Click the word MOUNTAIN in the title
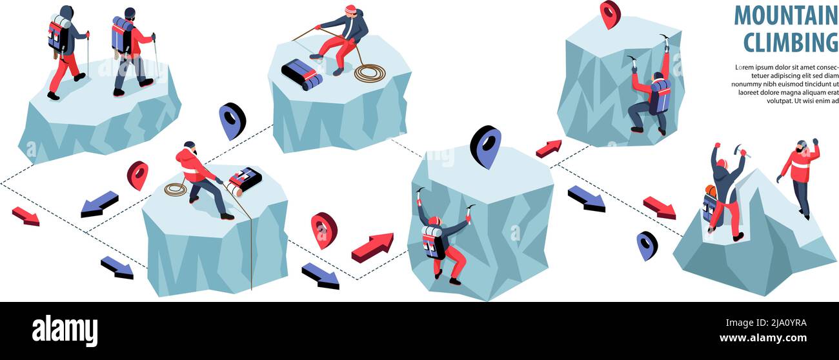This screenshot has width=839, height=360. coord(785,15)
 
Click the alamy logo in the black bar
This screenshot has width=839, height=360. coord(65,330)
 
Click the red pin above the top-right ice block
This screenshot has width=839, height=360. coord(609,14)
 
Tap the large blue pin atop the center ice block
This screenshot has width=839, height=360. coord(485,146)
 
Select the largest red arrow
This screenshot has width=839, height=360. coord(372,247)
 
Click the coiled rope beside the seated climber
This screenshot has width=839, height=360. coord(369,73)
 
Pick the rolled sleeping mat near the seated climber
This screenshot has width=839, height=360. coord(301,74)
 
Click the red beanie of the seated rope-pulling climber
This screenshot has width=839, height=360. coord(350,10)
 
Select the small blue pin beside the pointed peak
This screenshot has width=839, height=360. coord(647,245)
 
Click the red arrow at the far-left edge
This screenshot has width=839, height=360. coord(26,216)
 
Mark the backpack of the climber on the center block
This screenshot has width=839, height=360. coord(433,242)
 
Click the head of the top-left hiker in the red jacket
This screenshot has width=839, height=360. coord(130,14)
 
